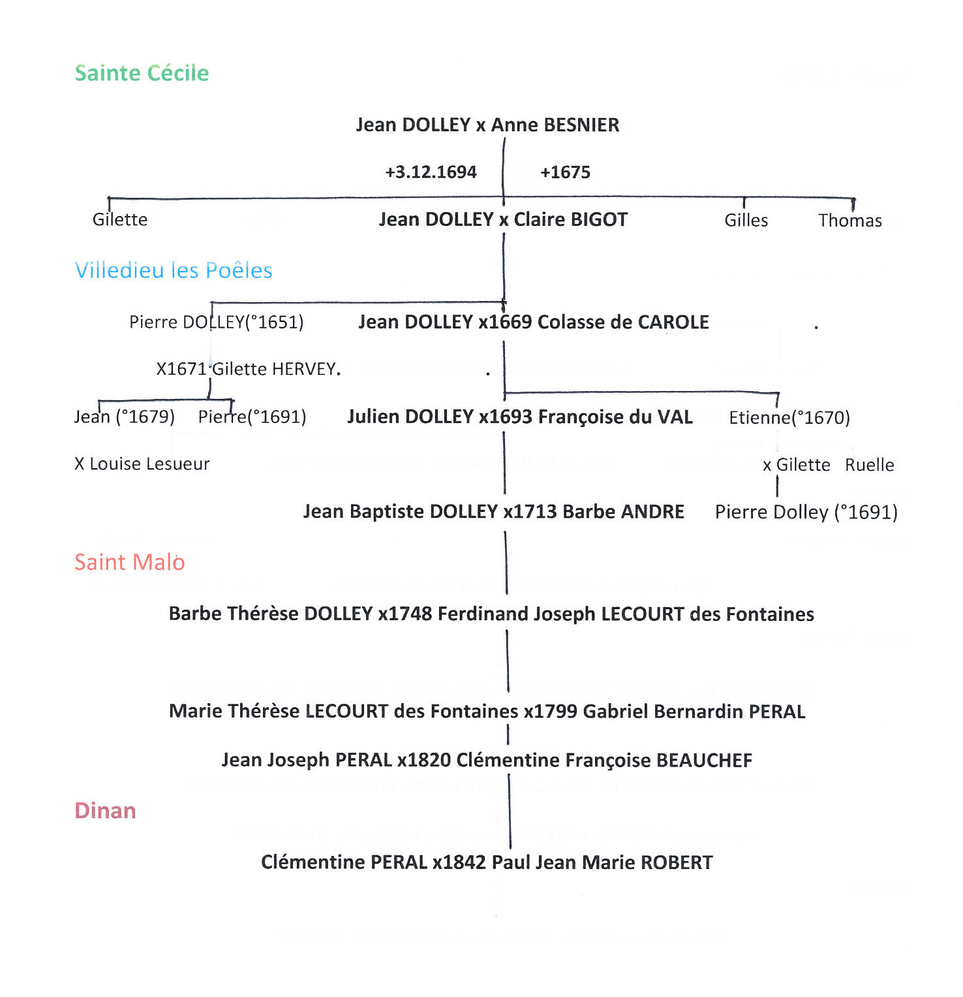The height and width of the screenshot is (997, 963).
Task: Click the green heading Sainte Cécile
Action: pos(142,73)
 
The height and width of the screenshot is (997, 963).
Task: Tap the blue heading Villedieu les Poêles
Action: pos(174,270)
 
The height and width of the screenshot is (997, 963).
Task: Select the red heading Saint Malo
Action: pos(129,562)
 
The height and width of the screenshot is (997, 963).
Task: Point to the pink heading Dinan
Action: pos(105,810)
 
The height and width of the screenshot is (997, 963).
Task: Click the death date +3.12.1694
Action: pos(431,172)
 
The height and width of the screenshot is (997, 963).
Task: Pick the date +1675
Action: pos(565,172)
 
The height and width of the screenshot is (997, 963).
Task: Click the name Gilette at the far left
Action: pos(120,219)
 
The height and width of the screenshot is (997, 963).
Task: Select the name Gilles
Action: pos(746,221)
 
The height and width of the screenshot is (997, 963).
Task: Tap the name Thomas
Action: pos(849,221)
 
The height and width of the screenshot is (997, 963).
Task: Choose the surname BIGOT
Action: pos(598,219)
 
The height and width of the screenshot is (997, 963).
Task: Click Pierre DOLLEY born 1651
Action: pos(216,322)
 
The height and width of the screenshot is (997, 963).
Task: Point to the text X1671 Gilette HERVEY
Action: pos(248,369)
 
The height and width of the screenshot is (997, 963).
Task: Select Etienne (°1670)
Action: pos(789,417)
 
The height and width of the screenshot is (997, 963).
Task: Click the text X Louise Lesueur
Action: pos(142,464)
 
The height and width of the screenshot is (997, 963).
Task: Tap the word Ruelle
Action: pos(869,465)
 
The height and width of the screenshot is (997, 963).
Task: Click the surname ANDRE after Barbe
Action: pos(652,512)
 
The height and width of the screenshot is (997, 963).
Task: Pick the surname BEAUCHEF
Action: pos(704,760)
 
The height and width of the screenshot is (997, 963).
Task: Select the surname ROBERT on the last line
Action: pos(677,862)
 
